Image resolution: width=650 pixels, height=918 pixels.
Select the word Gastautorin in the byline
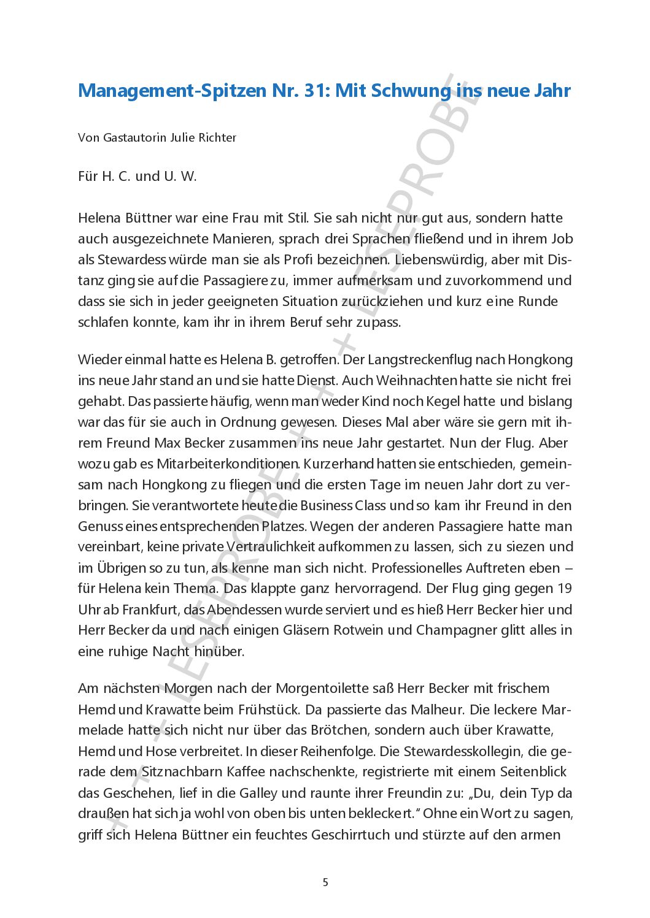tap(135, 137)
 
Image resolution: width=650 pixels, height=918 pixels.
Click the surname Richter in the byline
tap(217, 137)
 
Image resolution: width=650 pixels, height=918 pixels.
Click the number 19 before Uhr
tap(564, 589)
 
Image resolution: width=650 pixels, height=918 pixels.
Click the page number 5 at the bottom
tap(325, 882)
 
